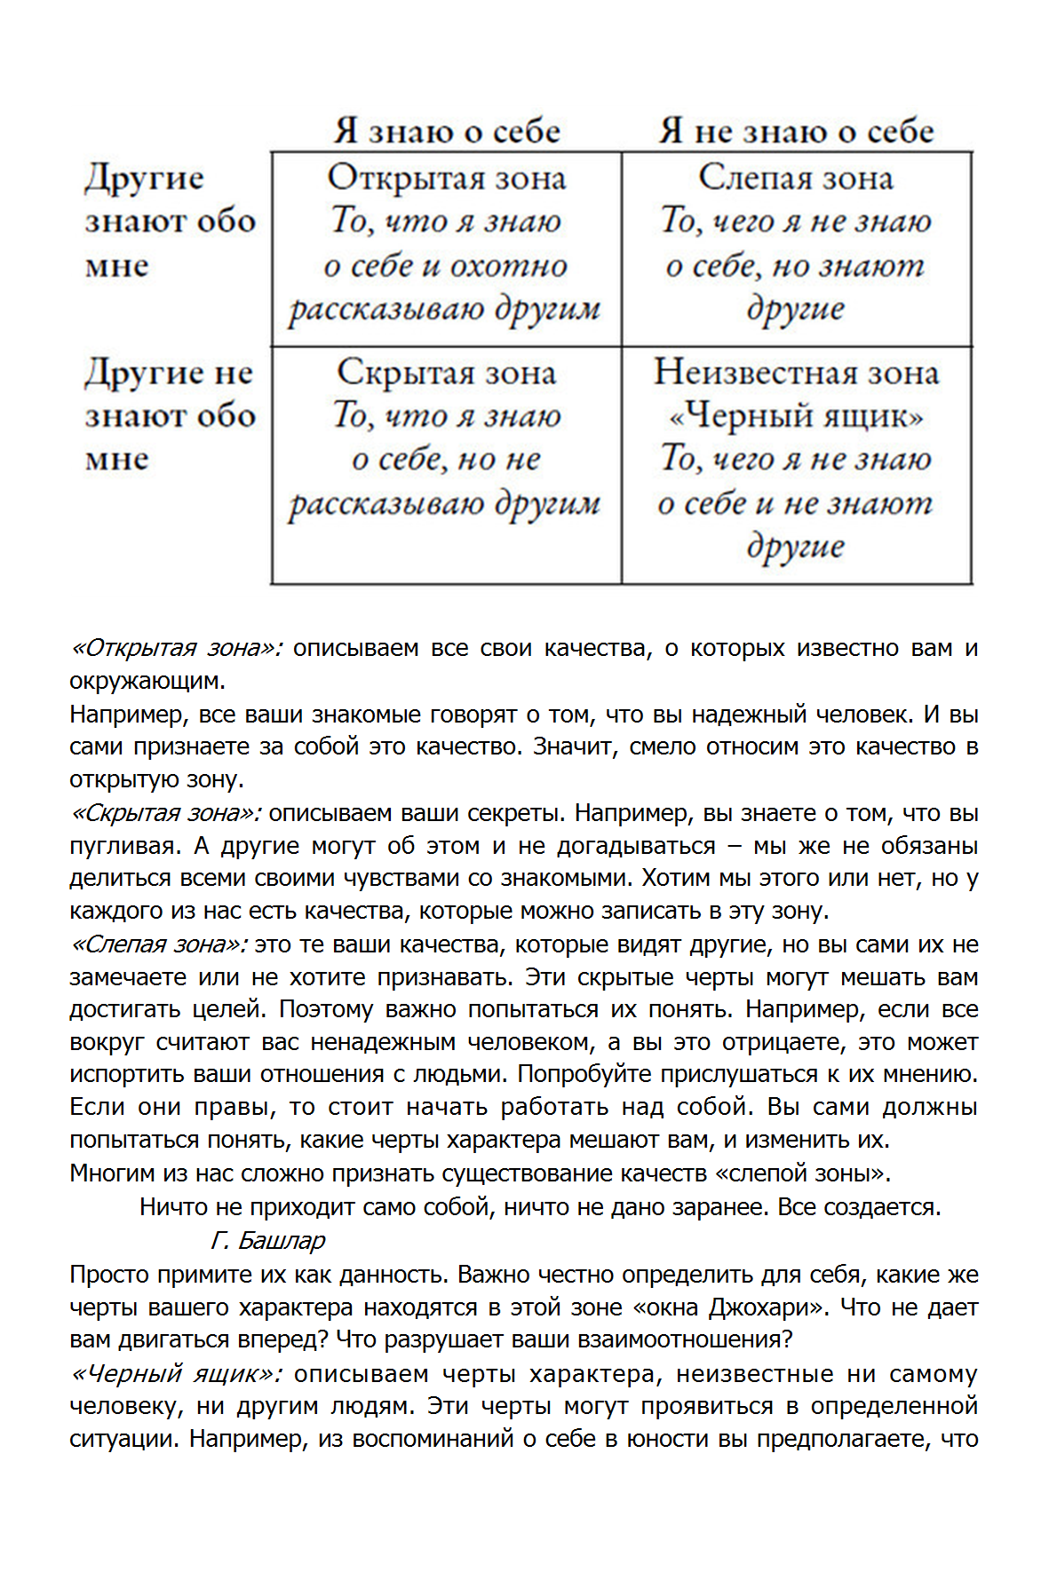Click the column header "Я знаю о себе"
[447, 131]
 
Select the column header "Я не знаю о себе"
[796, 131]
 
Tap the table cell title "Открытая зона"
[447, 178]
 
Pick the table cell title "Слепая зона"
[796, 178]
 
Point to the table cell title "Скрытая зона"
[447, 372]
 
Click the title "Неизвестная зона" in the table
[796, 372]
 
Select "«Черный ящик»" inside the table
[796, 415]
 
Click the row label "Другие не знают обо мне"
[169, 415]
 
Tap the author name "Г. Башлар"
[268, 1240]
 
